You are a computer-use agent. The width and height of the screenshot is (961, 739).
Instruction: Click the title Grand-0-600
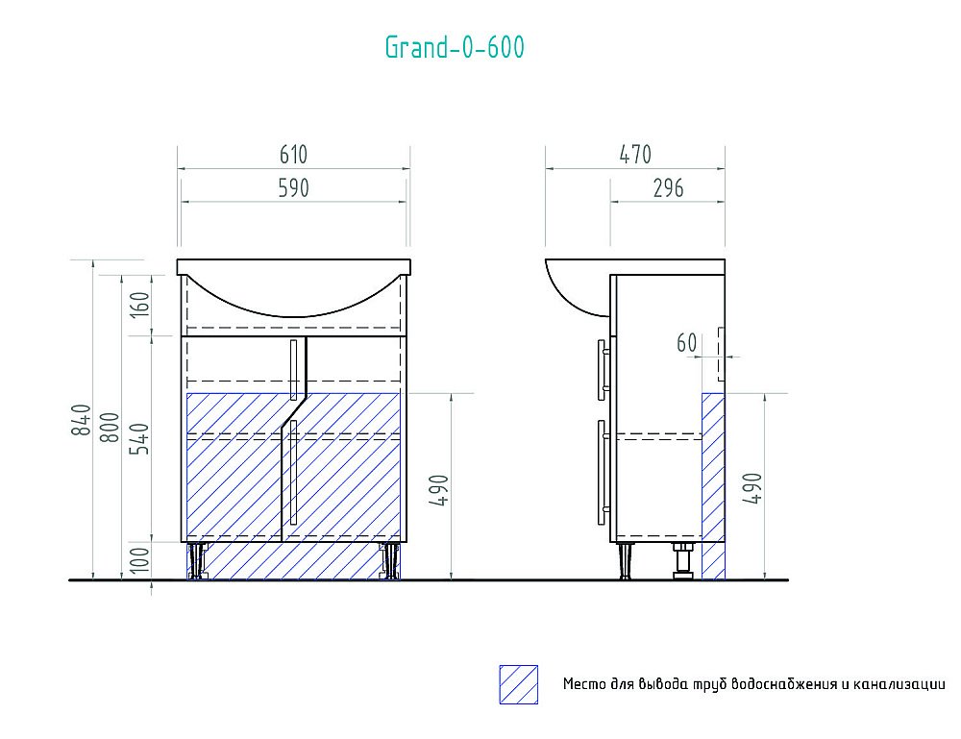[x=455, y=47]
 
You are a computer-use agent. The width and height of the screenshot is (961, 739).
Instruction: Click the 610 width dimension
[x=293, y=155]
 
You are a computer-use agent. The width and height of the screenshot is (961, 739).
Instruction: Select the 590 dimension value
[x=293, y=188]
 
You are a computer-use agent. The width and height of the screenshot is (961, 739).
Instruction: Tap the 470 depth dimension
[x=634, y=155]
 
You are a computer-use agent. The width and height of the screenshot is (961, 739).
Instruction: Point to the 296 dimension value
[x=667, y=188]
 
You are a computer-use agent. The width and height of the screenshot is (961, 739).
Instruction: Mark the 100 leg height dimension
[x=140, y=560]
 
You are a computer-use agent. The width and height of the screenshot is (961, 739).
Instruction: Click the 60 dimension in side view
[x=686, y=342]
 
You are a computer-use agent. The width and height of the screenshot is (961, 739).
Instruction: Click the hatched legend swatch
[x=518, y=684]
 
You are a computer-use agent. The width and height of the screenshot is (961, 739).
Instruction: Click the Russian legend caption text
[x=754, y=684]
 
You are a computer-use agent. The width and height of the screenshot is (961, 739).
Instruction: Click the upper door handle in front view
[x=293, y=369]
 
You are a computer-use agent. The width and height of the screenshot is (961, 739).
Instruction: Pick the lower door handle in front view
[x=294, y=472]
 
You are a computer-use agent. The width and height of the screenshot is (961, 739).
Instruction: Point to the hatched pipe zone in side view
[x=713, y=485]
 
